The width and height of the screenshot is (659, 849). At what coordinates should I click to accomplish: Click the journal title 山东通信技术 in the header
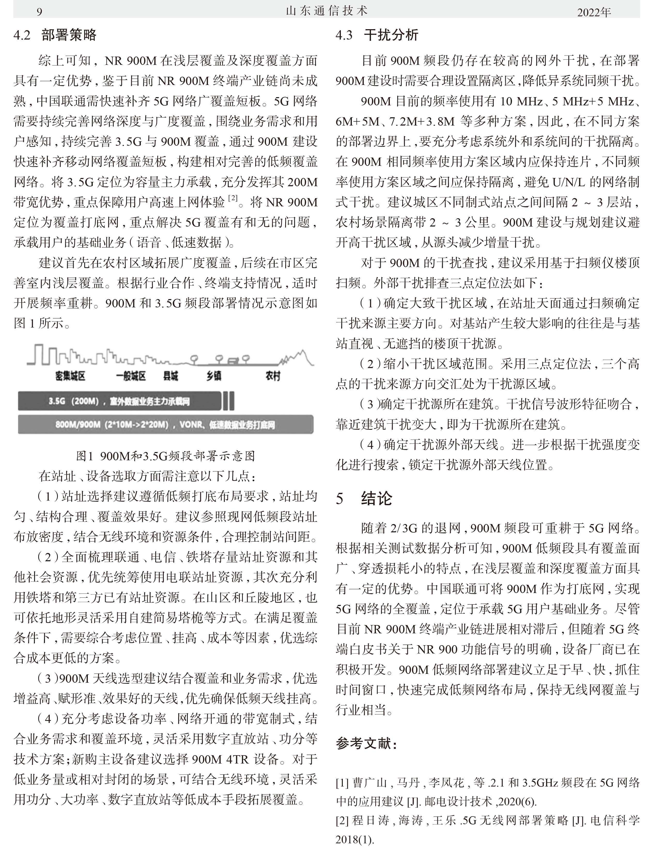click(327, 11)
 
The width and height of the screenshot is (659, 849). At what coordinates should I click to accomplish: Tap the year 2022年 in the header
click(594, 12)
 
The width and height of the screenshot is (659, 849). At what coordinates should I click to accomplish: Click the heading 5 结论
click(364, 498)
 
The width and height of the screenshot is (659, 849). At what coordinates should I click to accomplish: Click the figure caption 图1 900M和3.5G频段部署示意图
click(165, 456)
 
